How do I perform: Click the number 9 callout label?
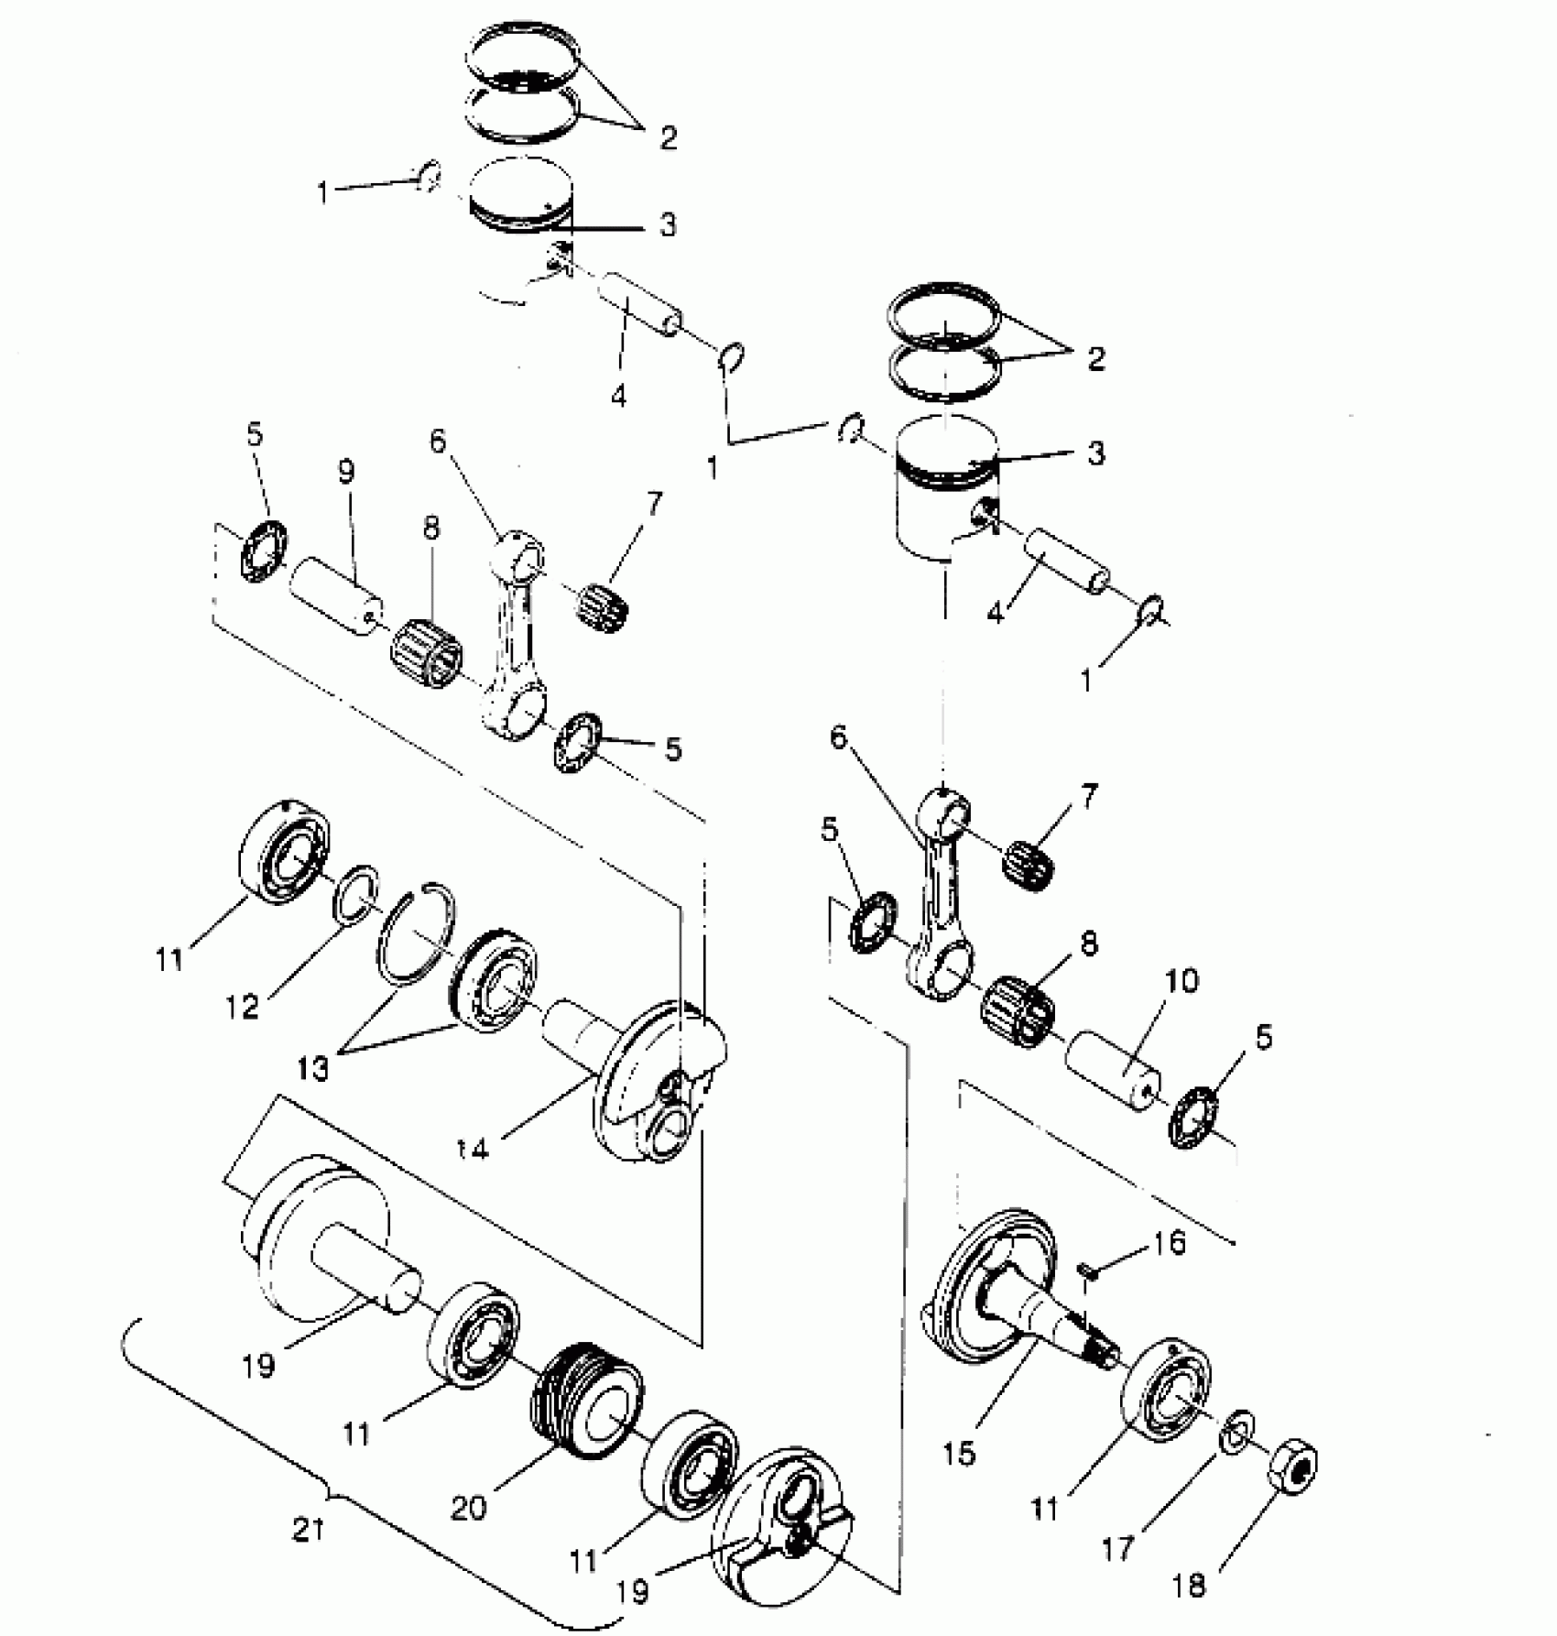pyautogui.click(x=344, y=472)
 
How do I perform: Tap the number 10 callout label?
pyautogui.click(x=1181, y=981)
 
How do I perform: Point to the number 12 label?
pyautogui.click(x=243, y=1006)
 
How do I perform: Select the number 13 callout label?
pyautogui.click(x=312, y=1068)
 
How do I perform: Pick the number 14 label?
pyautogui.click(x=474, y=1147)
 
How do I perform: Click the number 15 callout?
pyautogui.click(x=959, y=1454)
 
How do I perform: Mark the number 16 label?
pyautogui.click(x=1169, y=1243)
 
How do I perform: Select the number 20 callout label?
pyautogui.click(x=468, y=1507)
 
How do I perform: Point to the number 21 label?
pyautogui.click(x=308, y=1529)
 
